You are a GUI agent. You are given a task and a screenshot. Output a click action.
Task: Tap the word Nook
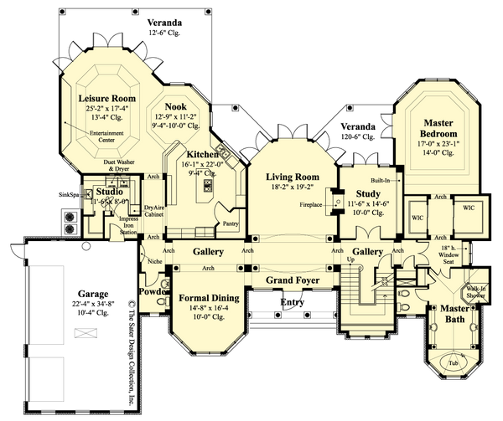pyautogui.click(x=174, y=106)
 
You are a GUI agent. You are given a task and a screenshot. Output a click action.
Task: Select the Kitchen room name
pyautogui.click(x=202, y=156)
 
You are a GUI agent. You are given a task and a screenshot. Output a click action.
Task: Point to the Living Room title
pyautogui.click(x=293, y=177)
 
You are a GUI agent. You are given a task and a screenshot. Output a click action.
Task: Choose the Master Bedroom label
pyautogui.click(x=439, y=127)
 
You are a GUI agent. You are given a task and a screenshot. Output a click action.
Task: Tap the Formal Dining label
pyautogui.click(x=209, y=298)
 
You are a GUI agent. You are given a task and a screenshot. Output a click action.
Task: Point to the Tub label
pyautogui.click(x=453, y=363)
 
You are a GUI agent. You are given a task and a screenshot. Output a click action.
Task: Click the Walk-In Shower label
pyautogui.click(x=478, y=292)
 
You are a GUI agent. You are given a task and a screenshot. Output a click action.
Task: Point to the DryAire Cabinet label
pyautogui.click(x=153, y=210)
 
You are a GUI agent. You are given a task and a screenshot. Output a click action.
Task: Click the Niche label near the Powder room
pyautogui.click(x=153, y=261)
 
